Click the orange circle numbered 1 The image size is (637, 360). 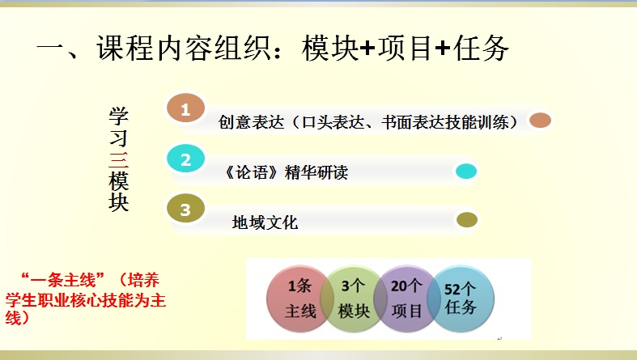click(185, 108)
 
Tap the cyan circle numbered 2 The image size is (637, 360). click(185, 159)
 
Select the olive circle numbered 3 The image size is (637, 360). click(185, 209)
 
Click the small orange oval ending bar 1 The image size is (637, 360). click(541, 121)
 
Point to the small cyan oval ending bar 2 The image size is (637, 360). click(466, 172)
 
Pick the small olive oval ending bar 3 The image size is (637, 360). click(467, 220)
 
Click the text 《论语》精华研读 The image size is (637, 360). click(287, 172)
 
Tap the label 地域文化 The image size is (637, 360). click(265, 222)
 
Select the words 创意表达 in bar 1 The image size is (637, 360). click(251, 122)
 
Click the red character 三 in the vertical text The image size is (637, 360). click(119, 160)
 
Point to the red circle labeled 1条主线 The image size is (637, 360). click(299, 299)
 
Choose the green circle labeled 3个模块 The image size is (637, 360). click(353, 299)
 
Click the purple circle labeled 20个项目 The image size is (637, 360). click(406, 299)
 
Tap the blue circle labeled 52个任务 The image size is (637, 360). click(461, 299)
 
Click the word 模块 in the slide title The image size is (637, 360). click(330, 49)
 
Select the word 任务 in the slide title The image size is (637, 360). click(481, 49)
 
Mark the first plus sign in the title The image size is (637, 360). click(368, 49)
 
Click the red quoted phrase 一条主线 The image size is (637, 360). click(62, 281)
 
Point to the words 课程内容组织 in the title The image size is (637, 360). click(183, 49)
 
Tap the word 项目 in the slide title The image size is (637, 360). click(405, 49)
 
